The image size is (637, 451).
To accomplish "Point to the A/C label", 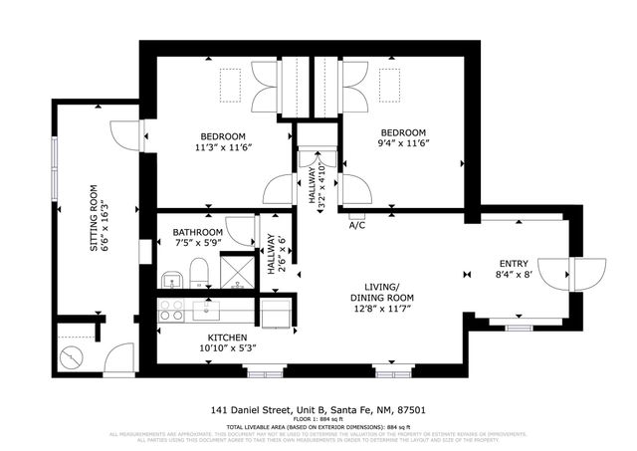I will click(x=356, y=225).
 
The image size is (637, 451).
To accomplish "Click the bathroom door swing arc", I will click(x=238, y=229).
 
